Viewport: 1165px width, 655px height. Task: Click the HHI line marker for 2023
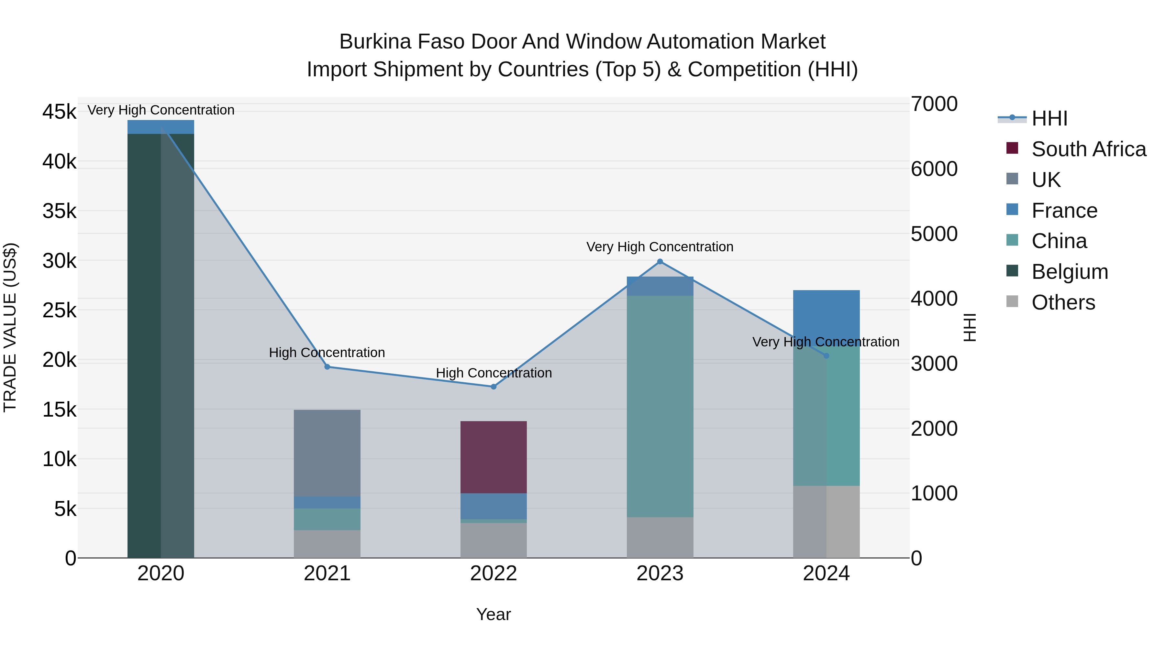660,261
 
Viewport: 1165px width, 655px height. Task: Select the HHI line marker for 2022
494,387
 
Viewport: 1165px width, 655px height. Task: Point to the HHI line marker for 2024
826,356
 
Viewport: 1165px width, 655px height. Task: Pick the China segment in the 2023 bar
660,406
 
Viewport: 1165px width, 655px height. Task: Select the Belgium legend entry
1069,272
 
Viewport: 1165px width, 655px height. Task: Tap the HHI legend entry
1049,118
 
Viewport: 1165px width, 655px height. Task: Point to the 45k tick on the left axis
59,112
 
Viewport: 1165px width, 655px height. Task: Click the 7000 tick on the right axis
934,104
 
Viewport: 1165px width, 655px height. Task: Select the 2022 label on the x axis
494,573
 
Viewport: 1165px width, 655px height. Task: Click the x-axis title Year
494,614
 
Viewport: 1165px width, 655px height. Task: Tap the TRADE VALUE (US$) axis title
10,327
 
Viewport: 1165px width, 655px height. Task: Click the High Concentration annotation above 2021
327,353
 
